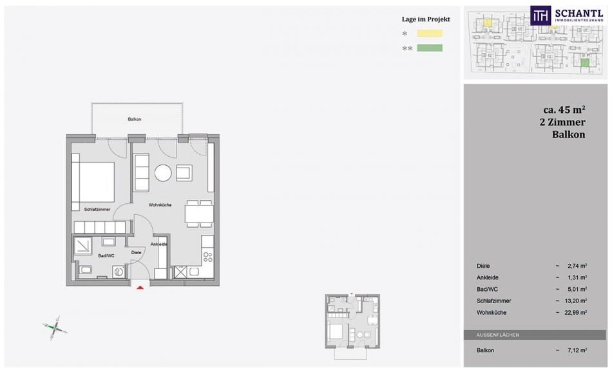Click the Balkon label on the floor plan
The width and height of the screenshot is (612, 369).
(x=134, y=119)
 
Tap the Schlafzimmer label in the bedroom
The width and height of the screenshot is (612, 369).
(x=97, y=209)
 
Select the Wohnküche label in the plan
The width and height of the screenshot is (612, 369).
(x=160, y=204)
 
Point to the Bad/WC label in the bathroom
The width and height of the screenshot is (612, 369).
(x=106, y=255)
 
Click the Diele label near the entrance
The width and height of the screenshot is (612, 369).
(x=136, y=252)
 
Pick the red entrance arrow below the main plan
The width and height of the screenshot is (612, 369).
(x=140, y=288)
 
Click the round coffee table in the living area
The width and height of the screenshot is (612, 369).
(x=163, y=172)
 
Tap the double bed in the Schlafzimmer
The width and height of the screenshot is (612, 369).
(x=93, y=182)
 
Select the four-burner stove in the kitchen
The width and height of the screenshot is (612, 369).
(x=208, y=257)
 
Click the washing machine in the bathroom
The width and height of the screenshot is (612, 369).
(x=119, y=272)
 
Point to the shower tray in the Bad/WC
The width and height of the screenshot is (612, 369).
(x=82, y=246)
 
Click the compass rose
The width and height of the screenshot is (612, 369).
(x=55, y=328)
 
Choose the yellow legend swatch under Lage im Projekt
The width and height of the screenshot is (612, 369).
(x=430, y=34)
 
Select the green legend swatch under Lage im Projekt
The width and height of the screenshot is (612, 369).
(x=430, y=48)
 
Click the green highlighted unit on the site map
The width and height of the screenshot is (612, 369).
(x=584, y=63)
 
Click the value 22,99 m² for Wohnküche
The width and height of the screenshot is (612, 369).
(x=577, y=312)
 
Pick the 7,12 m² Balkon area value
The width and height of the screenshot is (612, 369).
(x=577, y=350)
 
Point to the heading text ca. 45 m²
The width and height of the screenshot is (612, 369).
(x=564, y=109)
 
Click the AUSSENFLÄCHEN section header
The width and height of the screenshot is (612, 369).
(x=497, y=335)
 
